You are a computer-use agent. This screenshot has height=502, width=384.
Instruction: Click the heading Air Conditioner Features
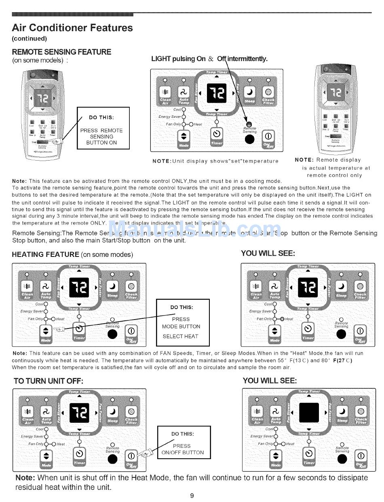click(x=72, y=28)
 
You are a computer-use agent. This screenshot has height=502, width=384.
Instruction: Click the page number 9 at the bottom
click(x=192, y=496)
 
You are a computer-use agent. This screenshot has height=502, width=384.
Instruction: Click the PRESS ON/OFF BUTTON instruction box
click(x=184, y=443)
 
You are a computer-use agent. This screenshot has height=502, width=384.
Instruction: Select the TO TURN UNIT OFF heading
click(x=48, y=381)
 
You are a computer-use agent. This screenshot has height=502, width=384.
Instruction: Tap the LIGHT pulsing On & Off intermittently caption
click(x=209, y=59)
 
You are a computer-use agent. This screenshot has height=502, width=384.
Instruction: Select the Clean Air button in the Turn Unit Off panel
click(x=28, y=411)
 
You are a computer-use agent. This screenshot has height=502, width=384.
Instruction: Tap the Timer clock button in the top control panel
click(x=217, y=134)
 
